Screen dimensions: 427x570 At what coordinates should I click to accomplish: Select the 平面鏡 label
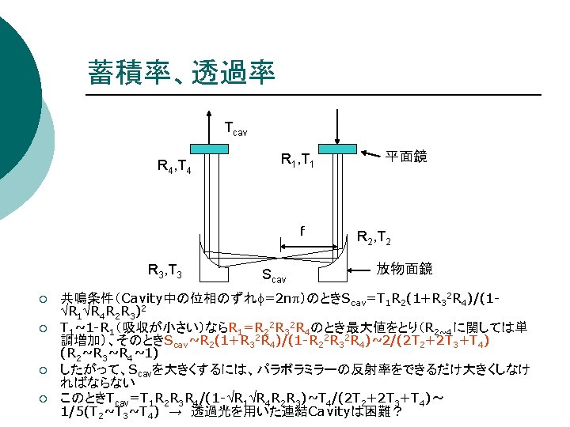(406, 157)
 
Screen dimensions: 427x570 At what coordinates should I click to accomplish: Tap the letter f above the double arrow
(302, 231)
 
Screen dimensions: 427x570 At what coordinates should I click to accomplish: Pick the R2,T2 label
(376, 235)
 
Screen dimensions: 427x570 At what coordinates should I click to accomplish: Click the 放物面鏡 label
(404, 269)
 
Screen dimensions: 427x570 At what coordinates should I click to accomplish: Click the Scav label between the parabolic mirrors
(274, 278)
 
